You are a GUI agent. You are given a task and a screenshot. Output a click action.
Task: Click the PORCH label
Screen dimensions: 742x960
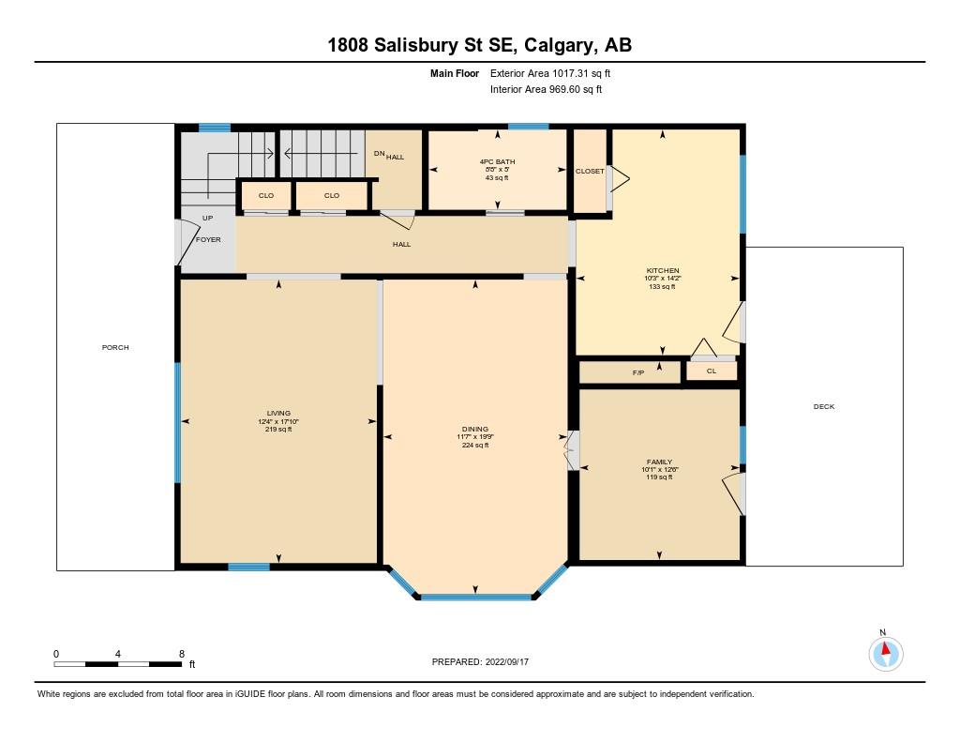115,348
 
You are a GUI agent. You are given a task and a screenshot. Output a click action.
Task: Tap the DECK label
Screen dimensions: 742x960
823,406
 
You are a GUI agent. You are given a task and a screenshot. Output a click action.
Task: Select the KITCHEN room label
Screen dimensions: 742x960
662,271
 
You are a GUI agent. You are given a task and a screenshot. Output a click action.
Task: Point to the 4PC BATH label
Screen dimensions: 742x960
497,161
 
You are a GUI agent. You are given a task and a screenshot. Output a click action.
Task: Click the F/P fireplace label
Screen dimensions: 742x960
638,373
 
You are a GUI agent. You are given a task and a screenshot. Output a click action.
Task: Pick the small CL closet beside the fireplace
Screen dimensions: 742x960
711,371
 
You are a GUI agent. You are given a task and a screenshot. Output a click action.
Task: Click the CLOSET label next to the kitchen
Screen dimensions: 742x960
590,172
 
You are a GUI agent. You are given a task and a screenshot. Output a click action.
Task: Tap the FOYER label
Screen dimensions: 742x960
208,240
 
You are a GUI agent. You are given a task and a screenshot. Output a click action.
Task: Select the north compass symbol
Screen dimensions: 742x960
885,651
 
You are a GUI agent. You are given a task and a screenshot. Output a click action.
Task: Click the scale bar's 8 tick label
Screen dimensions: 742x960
181,653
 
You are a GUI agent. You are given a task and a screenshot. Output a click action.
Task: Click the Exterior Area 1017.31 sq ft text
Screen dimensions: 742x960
550,73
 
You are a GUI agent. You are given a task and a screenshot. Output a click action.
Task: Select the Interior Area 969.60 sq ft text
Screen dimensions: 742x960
546,90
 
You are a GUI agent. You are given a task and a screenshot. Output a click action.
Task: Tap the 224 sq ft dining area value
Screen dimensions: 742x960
475,446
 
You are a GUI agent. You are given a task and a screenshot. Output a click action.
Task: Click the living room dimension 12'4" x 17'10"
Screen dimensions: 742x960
278,421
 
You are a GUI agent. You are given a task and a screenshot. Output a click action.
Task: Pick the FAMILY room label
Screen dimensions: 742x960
659,462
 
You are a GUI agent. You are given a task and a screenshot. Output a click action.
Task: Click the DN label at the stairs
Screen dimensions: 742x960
379,155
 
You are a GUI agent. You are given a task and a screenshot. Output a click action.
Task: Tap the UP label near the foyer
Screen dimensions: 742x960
207,218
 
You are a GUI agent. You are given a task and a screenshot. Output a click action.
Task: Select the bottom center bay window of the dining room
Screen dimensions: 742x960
475,596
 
